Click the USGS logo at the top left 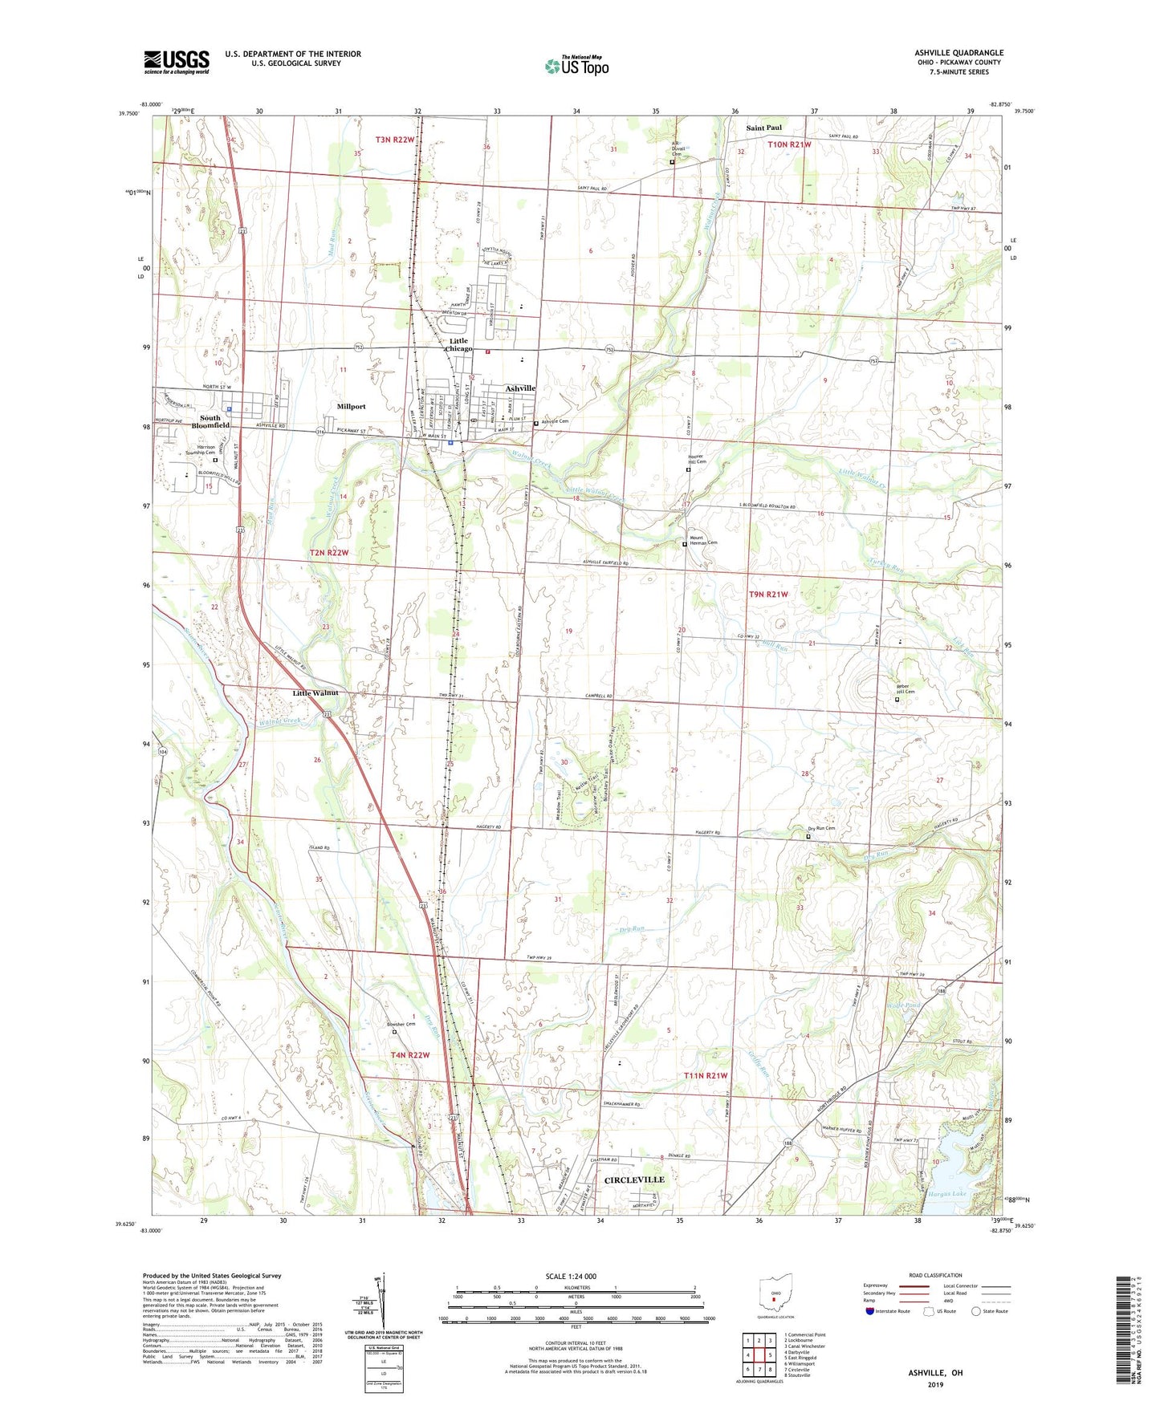(x=177, y=62)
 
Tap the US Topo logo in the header (x=576, y=66)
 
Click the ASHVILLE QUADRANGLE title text (x=959, y=53)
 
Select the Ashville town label (x=520, y=388)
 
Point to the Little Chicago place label (x=458, y=345)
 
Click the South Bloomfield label (x=210, y=422)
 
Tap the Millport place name (x=351, y=407)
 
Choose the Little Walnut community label (x=315, y=692)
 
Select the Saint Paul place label (x=763, y=128)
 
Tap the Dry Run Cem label (x=821, y=829)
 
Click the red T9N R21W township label (x=768, y=595)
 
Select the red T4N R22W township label (x=410, y=1055)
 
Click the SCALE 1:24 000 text (x=571, y=1276)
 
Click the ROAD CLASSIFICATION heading (x=935, y=1275)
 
